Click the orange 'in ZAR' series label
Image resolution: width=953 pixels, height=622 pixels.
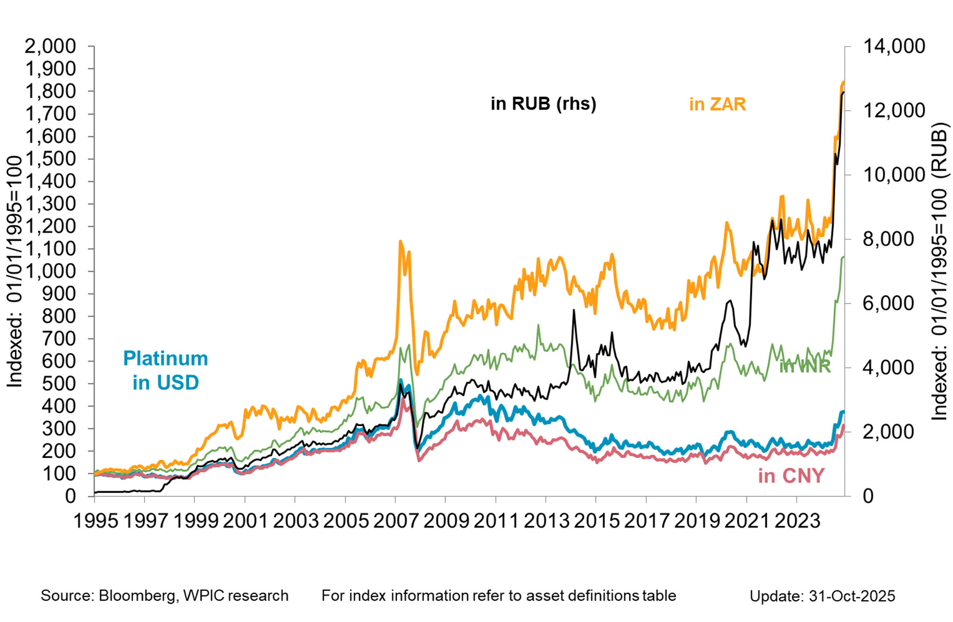coord(717,104)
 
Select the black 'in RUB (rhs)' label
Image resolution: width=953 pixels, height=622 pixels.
coord(543,104)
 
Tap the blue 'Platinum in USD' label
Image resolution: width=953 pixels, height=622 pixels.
coord(165,370)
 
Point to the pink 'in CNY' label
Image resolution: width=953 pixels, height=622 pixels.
coord(791,476)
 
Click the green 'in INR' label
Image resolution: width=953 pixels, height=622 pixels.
coord(804,366)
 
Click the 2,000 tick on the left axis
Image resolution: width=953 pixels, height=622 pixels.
coord(50,46)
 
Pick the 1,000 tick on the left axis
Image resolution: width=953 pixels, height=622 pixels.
coord(50,271)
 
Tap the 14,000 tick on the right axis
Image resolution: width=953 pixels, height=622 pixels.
coord(893,46)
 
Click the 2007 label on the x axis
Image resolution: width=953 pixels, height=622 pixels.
coord(396,521)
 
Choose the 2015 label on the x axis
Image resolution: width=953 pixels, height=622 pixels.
coord(596,521)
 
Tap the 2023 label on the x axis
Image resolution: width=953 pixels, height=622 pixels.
coord(797,521)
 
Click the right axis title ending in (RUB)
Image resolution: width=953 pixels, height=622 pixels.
coord(939,271)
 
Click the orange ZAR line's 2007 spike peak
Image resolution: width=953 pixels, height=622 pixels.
coord(400,241)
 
